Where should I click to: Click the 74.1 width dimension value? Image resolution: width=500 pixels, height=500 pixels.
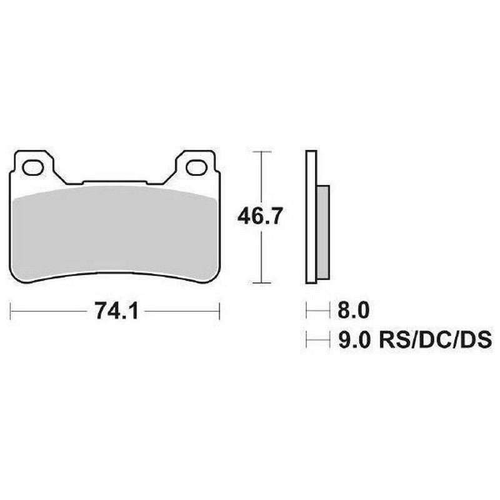(x=116, y=311)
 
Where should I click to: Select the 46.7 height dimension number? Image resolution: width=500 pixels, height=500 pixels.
(x=260, y=216)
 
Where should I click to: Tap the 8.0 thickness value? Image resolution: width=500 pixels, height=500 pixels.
(x=354, y=309)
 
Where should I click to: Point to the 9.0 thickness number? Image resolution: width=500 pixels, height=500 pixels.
(x=354, y=340)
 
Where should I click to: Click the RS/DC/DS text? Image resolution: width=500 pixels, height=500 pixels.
(x=435, y=340)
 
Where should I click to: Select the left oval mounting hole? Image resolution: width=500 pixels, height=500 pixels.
(x=33, y=167)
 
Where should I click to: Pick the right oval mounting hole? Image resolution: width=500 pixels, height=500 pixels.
(x=196, y=167)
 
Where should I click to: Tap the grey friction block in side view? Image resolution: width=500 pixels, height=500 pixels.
(x=322, y=232)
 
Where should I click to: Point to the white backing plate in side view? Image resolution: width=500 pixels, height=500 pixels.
(x=311, y=216)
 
